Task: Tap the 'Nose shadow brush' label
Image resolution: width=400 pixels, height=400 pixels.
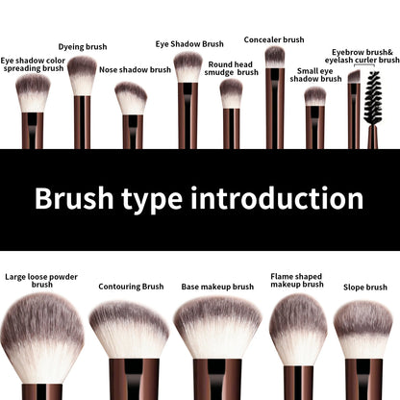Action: point(135,70)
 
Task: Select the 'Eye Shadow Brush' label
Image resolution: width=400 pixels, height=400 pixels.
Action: point(189,43)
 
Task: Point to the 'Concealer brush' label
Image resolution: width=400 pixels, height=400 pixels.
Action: point(274,39)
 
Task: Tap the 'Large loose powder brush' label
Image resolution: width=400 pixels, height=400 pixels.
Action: point(41,280)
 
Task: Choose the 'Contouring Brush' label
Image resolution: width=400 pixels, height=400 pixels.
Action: point(131,286)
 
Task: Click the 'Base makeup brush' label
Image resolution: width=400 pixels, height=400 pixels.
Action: point(217,286)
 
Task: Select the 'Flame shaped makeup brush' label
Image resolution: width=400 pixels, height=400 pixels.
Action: point(296,279)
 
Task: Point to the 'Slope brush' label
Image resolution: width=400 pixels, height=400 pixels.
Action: point(365,287)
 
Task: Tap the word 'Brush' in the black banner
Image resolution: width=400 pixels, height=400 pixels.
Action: point(71,199)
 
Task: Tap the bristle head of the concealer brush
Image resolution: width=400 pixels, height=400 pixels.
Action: point(275,57)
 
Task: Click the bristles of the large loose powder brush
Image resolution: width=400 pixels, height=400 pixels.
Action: point(41,332)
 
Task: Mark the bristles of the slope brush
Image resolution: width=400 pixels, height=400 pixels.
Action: point(362,330)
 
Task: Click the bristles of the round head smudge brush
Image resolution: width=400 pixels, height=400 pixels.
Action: point(231,92)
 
